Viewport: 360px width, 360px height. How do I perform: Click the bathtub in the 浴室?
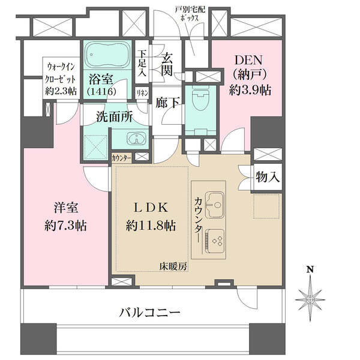(x=107, y=55)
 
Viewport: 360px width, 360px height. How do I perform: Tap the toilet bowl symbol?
(x=200, y=100)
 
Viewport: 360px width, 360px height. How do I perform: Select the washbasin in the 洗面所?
(x=136, y=139)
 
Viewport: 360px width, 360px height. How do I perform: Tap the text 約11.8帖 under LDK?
(x=151, y=226)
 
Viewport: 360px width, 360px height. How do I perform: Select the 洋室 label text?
(x=66, y=208)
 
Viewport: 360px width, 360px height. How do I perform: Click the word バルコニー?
(x=149, y=312)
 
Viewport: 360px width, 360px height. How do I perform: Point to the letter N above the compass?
(x=310, y=269)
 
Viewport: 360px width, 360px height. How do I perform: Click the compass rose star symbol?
(x=310, y=299)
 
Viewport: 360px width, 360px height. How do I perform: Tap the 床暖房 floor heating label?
(x=173, y=266)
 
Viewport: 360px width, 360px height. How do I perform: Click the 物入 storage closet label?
(x=268, y=177)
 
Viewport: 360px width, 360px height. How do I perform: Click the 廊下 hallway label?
(x=167, y=103)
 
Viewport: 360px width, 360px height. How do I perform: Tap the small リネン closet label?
(x=143, y=94)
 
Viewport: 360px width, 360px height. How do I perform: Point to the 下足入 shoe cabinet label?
(x=142, y=64)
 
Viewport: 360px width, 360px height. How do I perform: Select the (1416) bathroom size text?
(x=101, y=92)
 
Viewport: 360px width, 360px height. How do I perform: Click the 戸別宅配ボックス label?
(x=190, y=14)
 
